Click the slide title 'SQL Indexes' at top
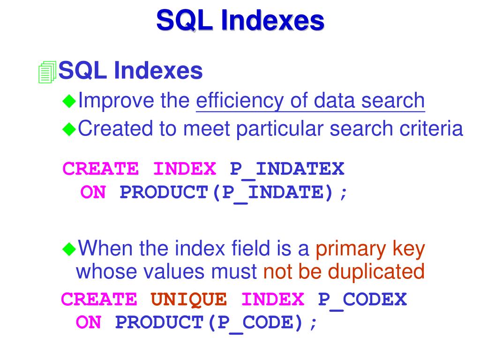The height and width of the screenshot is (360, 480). (x=240, y=21)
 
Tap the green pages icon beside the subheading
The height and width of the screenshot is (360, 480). (x=47, y=72)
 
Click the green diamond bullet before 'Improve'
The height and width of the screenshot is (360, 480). (x=69, y=100)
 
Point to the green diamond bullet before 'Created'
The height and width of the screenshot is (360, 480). (x=69, y=128)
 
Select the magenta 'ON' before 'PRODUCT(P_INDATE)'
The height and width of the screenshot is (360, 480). (x=93, y=193)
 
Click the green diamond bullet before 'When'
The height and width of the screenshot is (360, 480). (x=69, y=248)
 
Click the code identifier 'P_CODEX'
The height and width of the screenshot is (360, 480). (x=362, y=299)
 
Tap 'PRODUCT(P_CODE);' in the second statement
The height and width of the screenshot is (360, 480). (x=217, y=322)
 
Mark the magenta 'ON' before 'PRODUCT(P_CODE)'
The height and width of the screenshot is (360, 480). (x=88, y=322)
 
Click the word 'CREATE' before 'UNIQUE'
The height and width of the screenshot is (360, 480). (x=99, y=299)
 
